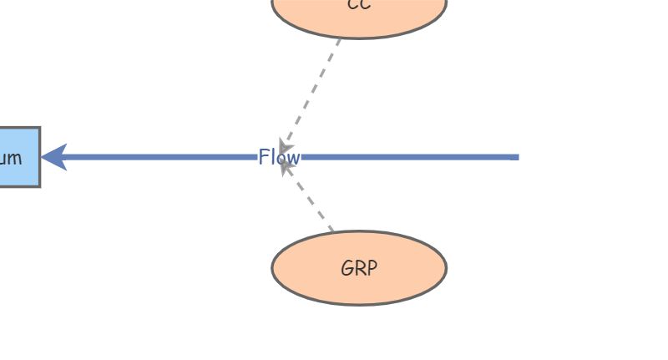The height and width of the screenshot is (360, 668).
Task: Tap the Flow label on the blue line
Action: tap(279, 157)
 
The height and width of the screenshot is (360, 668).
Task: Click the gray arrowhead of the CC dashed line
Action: tap(286, 145)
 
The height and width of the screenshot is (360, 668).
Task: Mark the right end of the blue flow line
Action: tap(516, 157)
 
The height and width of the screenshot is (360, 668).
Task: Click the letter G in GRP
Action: tap(347, 269)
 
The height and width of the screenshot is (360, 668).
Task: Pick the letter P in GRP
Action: tap(371, 269)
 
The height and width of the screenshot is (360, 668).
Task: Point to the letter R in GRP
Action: tap(359, 269)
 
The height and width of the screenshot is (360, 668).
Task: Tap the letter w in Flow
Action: tap(292, 158)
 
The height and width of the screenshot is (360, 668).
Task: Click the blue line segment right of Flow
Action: tap(409, 157)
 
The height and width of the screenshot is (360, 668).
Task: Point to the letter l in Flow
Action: tap(273, 157)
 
